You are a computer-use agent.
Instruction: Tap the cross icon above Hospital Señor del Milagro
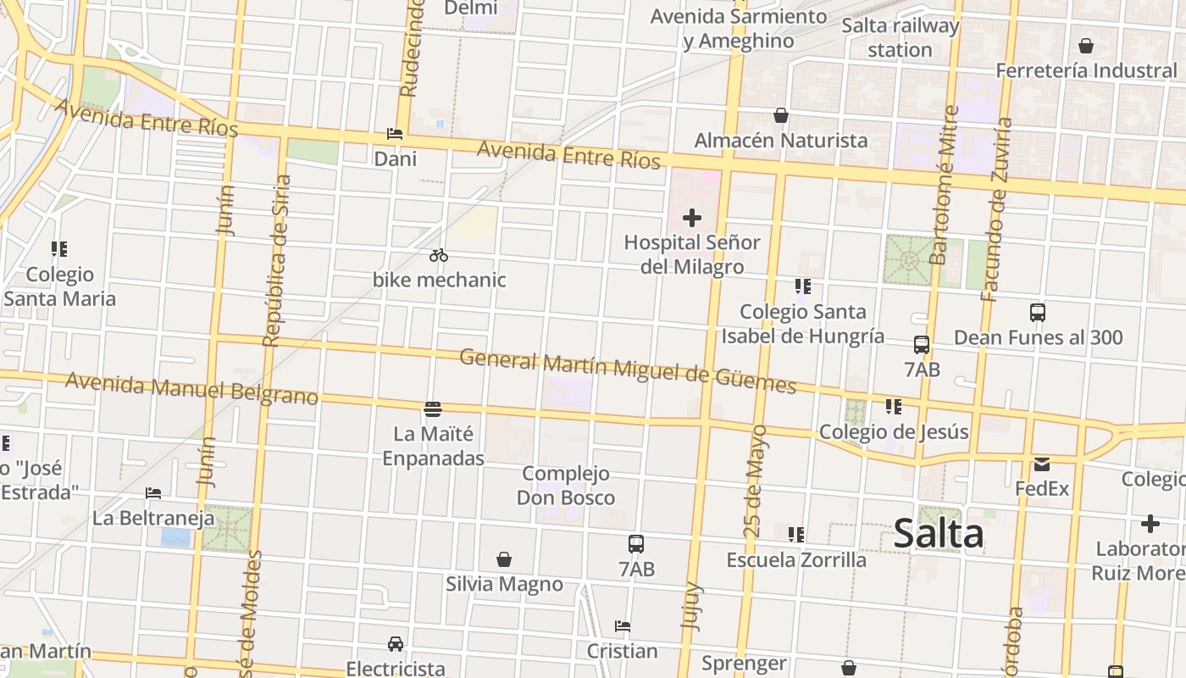click(692, 218)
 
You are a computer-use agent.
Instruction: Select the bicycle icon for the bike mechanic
click(438, 255)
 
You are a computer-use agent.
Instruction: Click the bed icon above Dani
click(395, 134)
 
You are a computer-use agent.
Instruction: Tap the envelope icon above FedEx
click(1041, 464)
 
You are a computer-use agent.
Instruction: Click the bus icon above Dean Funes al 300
click(1038, 313)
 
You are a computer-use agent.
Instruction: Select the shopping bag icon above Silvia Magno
click(504, 559)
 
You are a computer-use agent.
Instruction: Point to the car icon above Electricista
click(395, 644)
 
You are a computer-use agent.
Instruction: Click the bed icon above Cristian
click(623, 626)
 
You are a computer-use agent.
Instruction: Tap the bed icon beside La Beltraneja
click(153, 492)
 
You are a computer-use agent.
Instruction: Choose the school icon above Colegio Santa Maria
click(58, 249)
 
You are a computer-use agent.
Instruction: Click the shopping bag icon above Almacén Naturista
click(780, 115)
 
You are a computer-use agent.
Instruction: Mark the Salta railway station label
click(900, 38)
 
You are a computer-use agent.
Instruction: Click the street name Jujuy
click(691, 605)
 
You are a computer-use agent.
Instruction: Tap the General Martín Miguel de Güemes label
click(628, 370)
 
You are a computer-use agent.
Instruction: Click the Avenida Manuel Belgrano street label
click(191, 388)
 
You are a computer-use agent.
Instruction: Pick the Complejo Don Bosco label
click(566, 486)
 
